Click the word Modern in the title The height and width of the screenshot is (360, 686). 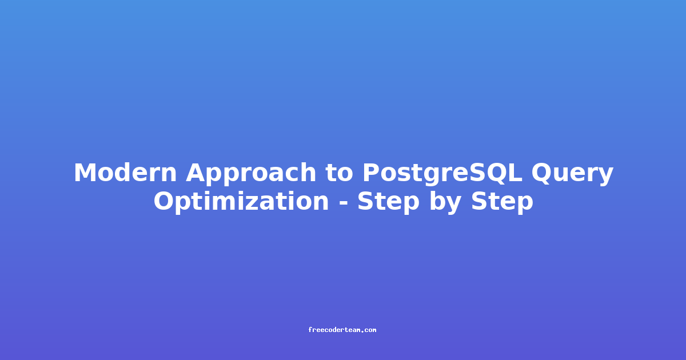(x=125, y=173)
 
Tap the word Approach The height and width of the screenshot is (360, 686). (x=251, y=174)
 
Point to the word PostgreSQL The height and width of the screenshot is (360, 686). (x=442, y=174)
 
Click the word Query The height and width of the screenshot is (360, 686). (x=572, y=174)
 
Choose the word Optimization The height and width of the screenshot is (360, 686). (x=241, y=202)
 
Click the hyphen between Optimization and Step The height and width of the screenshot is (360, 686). (x=343, y=203)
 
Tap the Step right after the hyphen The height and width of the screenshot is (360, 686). (x=388, y=203)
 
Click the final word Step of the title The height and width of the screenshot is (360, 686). (x=502, y=203)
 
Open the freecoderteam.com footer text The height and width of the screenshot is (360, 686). (x=342, y=330)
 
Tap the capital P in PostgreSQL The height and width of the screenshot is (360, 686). (x=371, y=173)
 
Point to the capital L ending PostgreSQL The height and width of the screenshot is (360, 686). (x=515, y=173)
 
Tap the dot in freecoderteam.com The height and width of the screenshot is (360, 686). (x=362, y=331)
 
